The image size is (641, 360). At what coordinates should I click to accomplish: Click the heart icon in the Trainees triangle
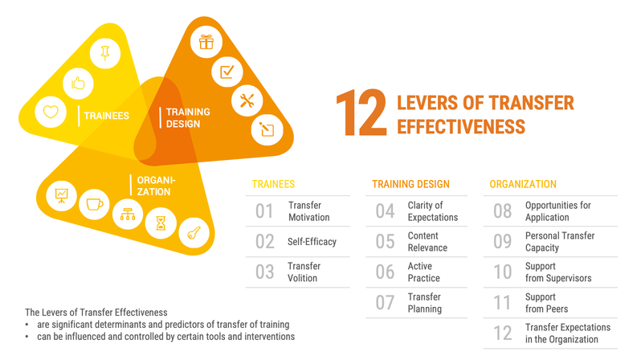[51, 112]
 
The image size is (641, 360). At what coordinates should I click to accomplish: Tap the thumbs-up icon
[78, 84]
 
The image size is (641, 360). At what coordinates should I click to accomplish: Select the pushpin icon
[105, 53]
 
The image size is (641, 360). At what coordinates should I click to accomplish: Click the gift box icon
[206, 42]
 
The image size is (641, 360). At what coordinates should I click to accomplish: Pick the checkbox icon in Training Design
[227, 72]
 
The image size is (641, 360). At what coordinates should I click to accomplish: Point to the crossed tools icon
[247, 100]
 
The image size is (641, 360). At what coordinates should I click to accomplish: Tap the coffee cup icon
[95, 204]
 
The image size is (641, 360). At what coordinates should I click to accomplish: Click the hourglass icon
[161, 223]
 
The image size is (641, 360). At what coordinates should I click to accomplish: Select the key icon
[194, 233]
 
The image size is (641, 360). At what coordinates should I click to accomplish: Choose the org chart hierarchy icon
[128, 214]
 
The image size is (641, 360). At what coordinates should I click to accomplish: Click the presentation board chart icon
[61, 195]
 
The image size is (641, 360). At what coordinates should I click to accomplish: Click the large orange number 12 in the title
[361, 113]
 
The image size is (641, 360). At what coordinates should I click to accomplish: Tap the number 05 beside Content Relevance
[385, 241]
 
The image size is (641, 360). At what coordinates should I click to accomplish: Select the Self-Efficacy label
[312, 242]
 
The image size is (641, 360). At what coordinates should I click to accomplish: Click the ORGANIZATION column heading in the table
[523, 184]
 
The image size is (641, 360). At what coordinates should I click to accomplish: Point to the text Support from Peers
[546, 303]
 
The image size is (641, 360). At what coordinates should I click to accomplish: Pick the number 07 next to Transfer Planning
[385, 303]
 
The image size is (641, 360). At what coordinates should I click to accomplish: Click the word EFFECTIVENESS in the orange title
[461, 126]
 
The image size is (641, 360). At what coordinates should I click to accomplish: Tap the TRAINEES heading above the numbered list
[273, 184]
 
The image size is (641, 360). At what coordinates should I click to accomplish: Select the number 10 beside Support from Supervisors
[502, 272]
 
